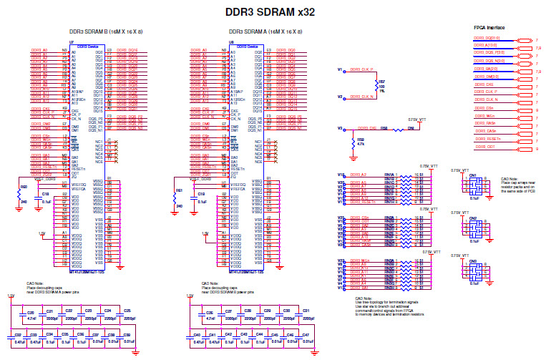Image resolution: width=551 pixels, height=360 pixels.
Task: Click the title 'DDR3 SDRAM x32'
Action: coord(269,11)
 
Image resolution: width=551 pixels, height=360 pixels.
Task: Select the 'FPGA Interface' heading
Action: coord(489,26)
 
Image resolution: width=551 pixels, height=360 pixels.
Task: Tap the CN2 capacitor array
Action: coord(472,227)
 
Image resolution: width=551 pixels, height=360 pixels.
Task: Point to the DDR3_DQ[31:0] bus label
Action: coord(489,40)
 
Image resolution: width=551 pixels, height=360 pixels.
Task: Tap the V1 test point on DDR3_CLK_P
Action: coord(340,69)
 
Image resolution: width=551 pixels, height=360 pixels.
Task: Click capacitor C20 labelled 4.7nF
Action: coord(30,314)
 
